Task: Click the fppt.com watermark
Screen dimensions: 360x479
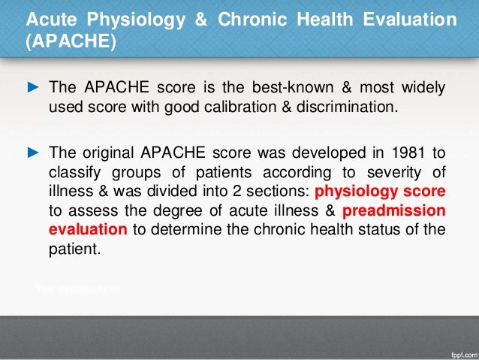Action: pyautogui.click(x=457, y=351)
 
